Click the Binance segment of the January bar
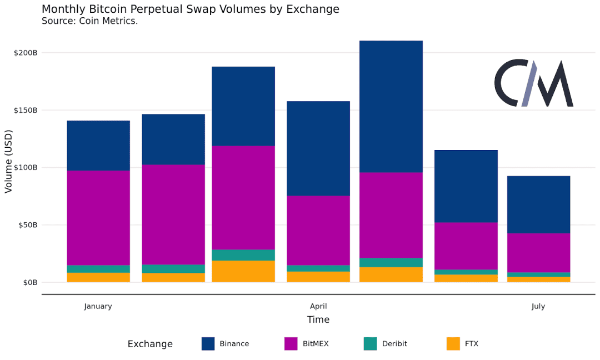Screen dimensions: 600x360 click(98, 146)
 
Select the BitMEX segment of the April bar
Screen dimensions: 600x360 click(318, 231)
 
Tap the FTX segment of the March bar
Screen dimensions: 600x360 click(243, 271)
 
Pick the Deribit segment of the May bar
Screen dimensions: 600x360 click(391, 262)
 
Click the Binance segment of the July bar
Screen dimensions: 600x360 click(539, 204)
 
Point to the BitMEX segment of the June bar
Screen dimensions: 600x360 click(466, 246)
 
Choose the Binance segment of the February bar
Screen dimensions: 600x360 click(173, 139)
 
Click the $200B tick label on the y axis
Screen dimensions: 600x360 click(26, 53)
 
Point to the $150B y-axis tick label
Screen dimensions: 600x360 click(26, 110)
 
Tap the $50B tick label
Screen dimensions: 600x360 click(28, 225)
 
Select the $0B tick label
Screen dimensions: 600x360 click(30, 282)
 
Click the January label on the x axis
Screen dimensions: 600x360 click(98, 307)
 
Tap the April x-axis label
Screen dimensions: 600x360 click(318, 307)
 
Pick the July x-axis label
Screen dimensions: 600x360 click(538, 307)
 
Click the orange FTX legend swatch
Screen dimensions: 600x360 click(453, 343)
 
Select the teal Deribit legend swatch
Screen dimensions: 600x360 click(371, 343)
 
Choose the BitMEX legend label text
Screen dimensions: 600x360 click(316, 343)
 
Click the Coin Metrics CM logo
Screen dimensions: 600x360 click(534, 83)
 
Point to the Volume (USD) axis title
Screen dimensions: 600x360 click(8, 162)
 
